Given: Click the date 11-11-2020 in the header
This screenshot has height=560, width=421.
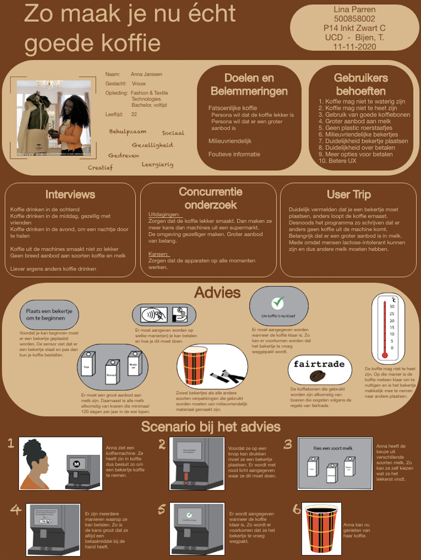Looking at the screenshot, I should point(355,47).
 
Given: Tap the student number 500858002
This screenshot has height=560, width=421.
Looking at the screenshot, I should point(355,19).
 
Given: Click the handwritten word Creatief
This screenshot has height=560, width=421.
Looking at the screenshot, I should point(100,168).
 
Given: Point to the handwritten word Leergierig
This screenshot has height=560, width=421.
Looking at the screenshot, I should point(157,164).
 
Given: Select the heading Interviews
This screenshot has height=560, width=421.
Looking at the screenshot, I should point(70,194).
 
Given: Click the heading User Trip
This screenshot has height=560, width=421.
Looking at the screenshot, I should point(348,194).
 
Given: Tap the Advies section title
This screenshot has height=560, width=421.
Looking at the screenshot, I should point(217,293).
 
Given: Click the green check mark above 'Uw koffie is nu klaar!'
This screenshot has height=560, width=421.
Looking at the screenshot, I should point(278,302).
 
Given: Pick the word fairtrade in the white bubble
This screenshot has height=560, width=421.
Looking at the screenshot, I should point(319,364).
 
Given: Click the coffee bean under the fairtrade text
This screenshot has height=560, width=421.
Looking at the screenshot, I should point(317,376).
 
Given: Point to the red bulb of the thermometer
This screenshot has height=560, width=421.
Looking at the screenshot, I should point(384,355).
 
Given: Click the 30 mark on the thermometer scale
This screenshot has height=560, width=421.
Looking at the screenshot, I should point(392,306).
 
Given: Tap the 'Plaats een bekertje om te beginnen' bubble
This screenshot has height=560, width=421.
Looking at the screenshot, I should point(49,315).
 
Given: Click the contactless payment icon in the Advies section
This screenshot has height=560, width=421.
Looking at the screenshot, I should point(154,315).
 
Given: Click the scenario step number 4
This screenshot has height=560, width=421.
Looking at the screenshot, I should point(16,510).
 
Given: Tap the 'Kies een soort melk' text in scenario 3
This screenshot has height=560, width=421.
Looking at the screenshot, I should point(333,448).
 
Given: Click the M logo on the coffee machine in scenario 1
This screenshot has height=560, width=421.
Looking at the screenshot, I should point(77,464).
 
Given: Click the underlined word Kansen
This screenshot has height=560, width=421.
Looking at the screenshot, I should point(158,254).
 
